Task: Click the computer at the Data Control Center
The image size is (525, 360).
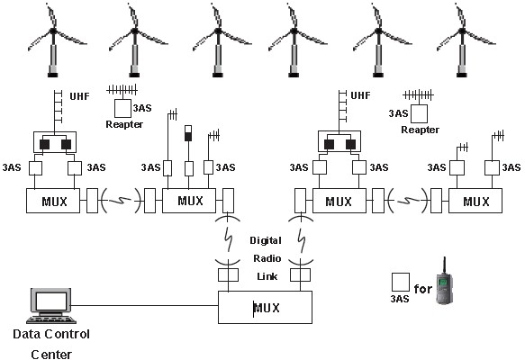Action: pyautogui.click(x=50, y=305)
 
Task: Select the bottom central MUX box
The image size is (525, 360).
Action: pyautogui.click(x=265, y=307)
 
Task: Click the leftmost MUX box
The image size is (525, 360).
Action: pyautogui.click(x=53, y=201)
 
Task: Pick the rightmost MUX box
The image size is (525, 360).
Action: pyautogui.click(x=475, y=201)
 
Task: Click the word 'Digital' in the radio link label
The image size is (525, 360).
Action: pyautogui.click(x=266, y=240)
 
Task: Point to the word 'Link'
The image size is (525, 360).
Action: pyautogui.click(x=267, y=276)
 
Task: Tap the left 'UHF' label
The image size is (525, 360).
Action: pyautogui.click(x=79, y=96)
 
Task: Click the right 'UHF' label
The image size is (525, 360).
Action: pyautogui.click(x=360, y=95)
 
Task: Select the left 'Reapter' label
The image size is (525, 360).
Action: pyautogui.click(x=124, y=124)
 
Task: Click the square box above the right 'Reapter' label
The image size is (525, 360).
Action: pyautogui.click(x=420, y=113)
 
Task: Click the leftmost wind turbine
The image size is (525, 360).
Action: pyautogui.click(x=53, y=40)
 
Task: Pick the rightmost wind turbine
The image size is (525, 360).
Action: pyautogui.click(x=464, y=40)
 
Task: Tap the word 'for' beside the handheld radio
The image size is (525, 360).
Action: pyautogui.click(x=423, y=289)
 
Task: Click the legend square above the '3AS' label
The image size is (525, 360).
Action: pyautogui.click(x=401, y=283)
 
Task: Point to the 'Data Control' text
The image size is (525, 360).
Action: pyautogui.click(x=51, y=334)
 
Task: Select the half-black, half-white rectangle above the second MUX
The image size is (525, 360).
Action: pyautogui.click(x=188, y=133)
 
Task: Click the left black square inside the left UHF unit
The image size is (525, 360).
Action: pyautogui.click(x=44, y=144)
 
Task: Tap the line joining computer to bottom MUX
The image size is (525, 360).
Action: pyautogui.click(x=144, y=305)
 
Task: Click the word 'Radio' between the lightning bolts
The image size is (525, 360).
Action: pyautogui.click(x=267, y=258)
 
